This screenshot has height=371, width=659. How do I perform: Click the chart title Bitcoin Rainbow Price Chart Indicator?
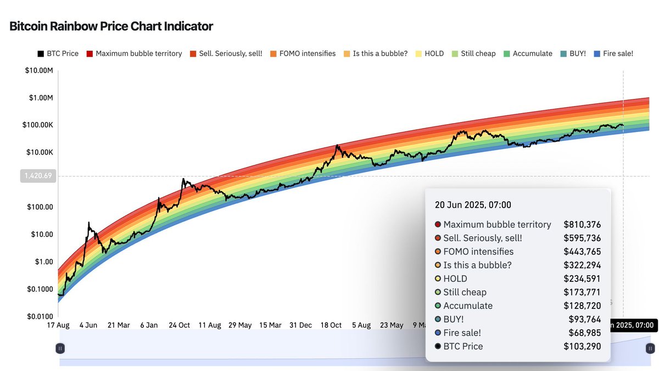[111, 26]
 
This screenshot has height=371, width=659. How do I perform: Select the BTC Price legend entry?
[58, 53]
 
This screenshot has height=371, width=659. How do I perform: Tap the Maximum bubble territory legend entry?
[134, 53]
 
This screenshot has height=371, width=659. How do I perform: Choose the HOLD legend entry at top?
[429, 53]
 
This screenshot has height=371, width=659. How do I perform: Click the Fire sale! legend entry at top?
[613, 53]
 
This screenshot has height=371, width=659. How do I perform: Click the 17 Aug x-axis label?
[59, 325]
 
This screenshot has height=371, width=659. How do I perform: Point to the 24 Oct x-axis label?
[180, 325]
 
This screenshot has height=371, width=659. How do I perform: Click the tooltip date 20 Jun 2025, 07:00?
[473, 205]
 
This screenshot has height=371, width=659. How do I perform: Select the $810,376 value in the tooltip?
[582, 224]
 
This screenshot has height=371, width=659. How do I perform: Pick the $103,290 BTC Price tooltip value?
[582, 346]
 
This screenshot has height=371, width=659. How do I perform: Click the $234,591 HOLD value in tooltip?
[582, 279]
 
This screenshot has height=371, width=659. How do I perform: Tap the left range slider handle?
[60, 348]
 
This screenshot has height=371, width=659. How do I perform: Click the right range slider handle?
[650, 348]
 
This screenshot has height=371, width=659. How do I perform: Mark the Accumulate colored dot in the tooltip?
[438, 306]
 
